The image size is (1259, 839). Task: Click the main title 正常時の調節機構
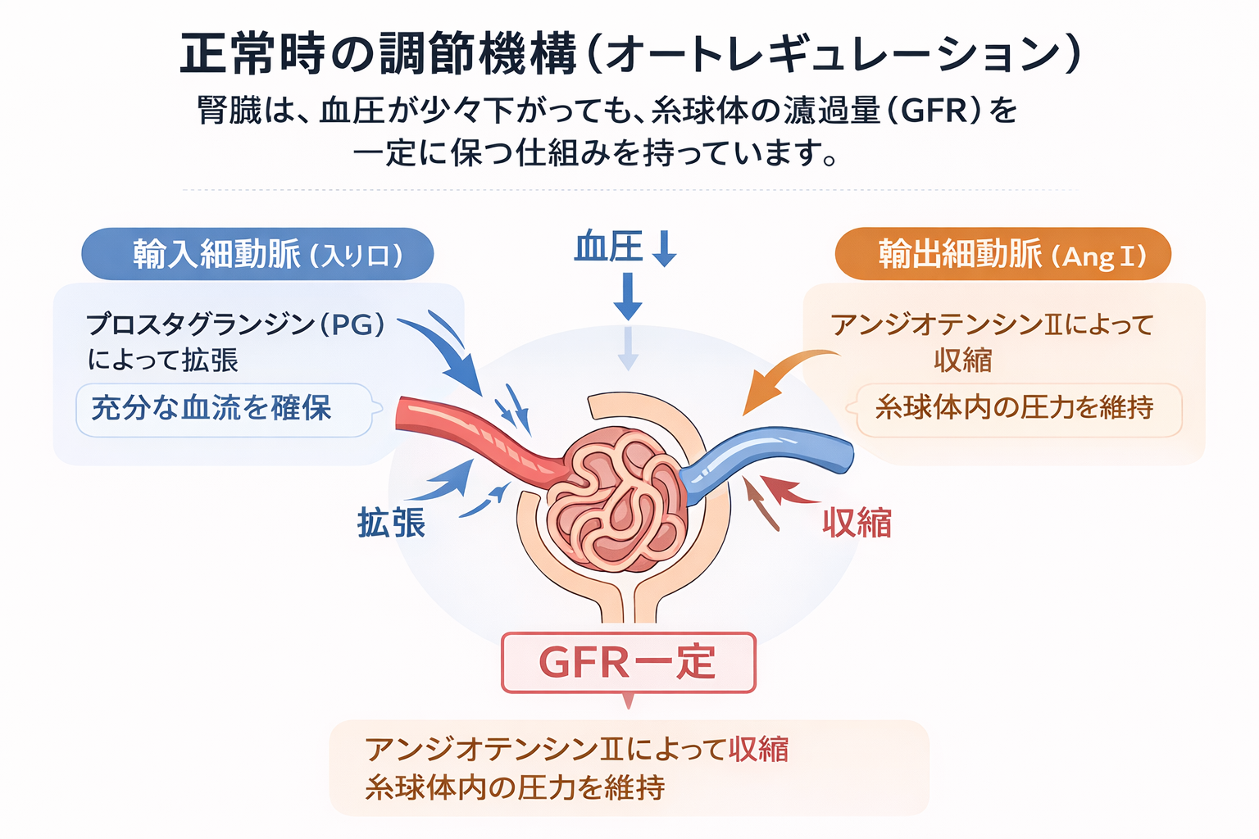378,54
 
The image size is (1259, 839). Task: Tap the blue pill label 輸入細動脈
257,254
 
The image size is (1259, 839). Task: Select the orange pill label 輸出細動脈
1002,254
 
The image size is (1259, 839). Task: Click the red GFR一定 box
628,662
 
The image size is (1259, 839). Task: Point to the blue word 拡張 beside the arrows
391,523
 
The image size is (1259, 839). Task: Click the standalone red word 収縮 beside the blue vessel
857,523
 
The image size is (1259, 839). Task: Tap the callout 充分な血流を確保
211,408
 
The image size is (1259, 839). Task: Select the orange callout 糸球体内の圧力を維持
1015,407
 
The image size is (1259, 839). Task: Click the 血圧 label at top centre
608,247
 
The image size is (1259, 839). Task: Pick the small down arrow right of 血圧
664,248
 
